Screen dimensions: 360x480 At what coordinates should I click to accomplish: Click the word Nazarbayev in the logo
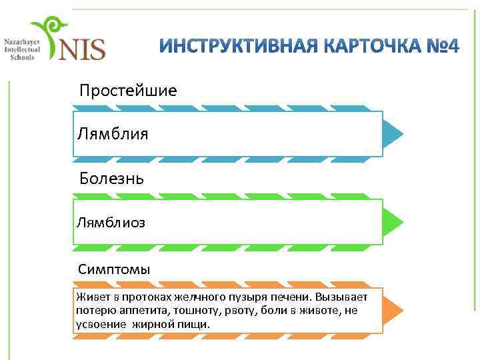coord(22,41)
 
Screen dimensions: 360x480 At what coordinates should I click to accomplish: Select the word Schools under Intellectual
coord(22,57)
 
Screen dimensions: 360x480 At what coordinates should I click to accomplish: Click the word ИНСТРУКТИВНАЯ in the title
coord(236,48)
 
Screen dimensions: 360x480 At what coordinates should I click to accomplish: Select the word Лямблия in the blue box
coord(113,134)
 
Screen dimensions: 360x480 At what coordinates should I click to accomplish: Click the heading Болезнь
coord(111,179)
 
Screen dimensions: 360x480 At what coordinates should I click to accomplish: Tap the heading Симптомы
coord(114,269)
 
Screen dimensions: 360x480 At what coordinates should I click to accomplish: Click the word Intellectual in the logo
coord(22,49)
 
